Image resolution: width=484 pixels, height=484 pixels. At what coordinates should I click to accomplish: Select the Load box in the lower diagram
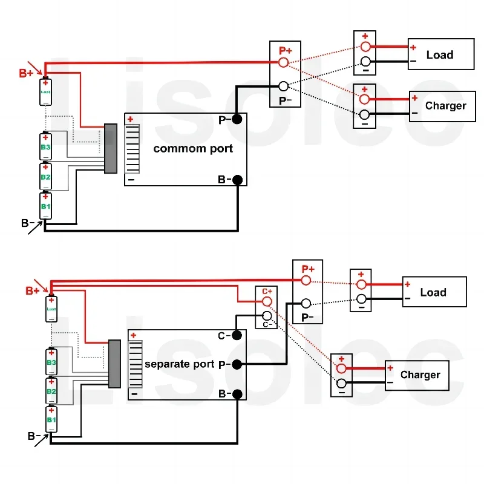coord(434,292)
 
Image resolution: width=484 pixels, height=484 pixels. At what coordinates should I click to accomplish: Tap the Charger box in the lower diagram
coord(417,375)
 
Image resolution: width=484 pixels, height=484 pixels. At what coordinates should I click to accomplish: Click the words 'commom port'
coord(193,148)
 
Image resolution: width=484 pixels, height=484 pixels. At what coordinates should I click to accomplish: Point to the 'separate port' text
coord(180,364)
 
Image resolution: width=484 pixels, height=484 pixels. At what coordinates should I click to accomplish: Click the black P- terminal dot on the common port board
coord(237,119)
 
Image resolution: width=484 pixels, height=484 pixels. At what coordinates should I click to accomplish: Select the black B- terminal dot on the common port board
coord(237,180)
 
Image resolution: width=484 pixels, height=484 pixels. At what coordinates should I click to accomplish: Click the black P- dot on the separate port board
coord(238,364)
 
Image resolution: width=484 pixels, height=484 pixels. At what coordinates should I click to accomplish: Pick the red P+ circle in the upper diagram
coord(283,62)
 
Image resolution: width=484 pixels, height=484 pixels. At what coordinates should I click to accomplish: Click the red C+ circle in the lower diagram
coord(267,301)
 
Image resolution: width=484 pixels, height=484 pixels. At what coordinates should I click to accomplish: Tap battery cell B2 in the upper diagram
coord(46,176)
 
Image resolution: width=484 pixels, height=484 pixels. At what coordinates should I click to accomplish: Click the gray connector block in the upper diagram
coord(111,148)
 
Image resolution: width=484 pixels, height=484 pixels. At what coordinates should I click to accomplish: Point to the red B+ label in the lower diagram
coord(32,290)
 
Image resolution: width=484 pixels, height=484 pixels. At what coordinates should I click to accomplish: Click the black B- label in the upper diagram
coord(27,223)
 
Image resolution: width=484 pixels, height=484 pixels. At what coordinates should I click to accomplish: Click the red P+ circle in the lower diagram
coord(307,280)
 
